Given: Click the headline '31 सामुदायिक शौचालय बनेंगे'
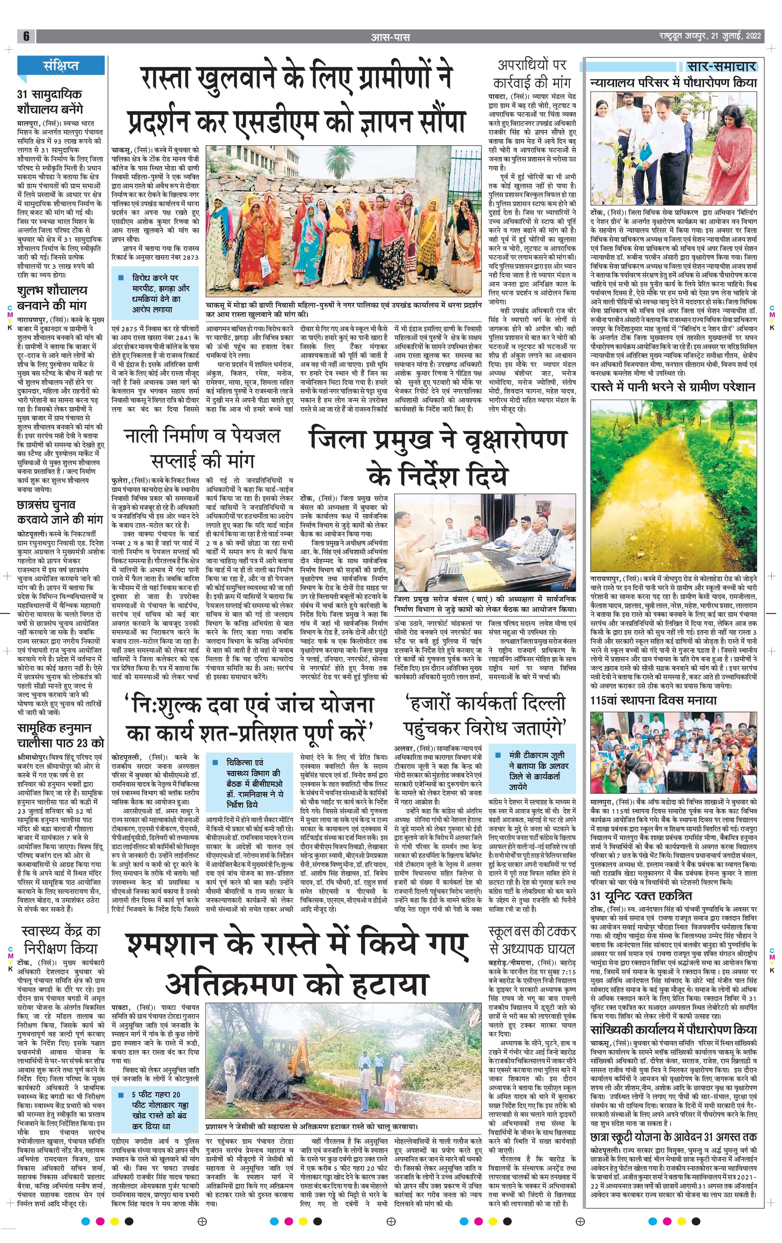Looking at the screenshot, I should click(50, 102).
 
